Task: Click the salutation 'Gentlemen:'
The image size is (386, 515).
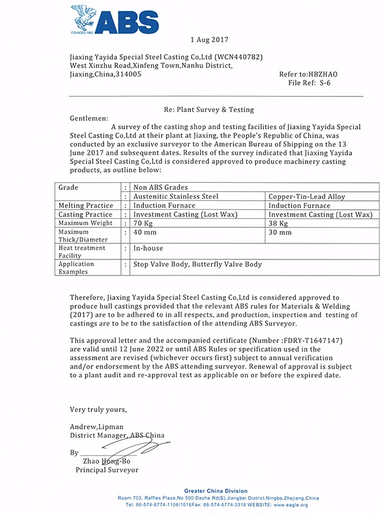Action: (x=89, y=119)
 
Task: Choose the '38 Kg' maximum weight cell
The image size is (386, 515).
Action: (x=277, y=223)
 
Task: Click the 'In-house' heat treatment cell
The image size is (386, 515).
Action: (x=148, y=248)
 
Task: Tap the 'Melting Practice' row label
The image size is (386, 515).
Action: (x=86, y=205)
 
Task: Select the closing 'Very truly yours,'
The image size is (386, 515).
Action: (x=98, y=409)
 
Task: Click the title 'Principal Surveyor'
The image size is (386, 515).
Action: (x=107, y=470)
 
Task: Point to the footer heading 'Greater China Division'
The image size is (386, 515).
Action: (x=218, y=491)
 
